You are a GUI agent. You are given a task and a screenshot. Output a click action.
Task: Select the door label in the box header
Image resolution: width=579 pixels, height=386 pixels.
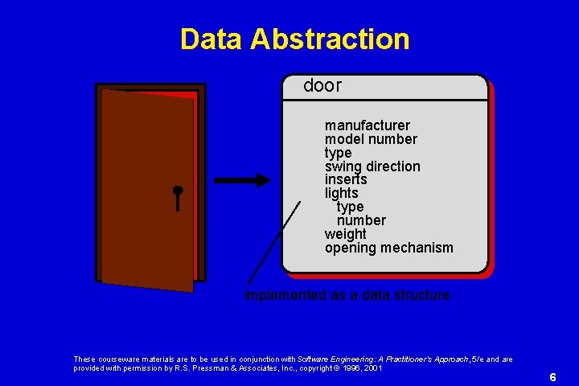click(x=322, y=85)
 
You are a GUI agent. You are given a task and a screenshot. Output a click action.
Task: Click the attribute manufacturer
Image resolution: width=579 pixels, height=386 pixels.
click(x=367, y=125)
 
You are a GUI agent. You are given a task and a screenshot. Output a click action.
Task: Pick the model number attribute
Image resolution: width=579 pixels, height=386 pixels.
click(x=371, y=139)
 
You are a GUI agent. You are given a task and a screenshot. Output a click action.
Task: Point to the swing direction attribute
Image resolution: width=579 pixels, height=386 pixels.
click(x=372, y=166)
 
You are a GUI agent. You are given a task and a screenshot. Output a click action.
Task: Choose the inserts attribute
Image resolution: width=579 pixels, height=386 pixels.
click(x=346, y=180)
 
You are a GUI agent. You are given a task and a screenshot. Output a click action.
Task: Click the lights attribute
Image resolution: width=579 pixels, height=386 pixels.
click(x=341, y=194)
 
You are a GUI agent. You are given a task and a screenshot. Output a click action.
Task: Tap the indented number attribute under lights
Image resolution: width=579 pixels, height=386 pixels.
click(x=361, y=220)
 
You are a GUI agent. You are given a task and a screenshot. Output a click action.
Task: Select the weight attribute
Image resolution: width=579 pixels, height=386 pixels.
click(x=345, y=234)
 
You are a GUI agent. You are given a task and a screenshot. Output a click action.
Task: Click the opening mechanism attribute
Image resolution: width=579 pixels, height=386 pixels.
click(x=388, y=248)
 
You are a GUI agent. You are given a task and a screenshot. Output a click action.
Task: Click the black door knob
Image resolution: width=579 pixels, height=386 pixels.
click(x=178, y=191)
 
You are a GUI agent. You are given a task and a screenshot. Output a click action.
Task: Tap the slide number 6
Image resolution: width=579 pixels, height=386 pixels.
click(x=552, y=377)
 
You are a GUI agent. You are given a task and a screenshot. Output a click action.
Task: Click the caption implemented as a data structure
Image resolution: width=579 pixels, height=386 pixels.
click(x=347, y=295)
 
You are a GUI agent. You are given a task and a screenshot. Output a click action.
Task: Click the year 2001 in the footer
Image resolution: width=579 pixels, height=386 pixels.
click(x=372, y=368)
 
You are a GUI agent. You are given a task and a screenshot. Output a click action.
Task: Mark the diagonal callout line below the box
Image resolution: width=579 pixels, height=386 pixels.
click(x=274, y=241)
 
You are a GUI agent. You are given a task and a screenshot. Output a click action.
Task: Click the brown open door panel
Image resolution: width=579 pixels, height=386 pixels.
click(x=149, y=189)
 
